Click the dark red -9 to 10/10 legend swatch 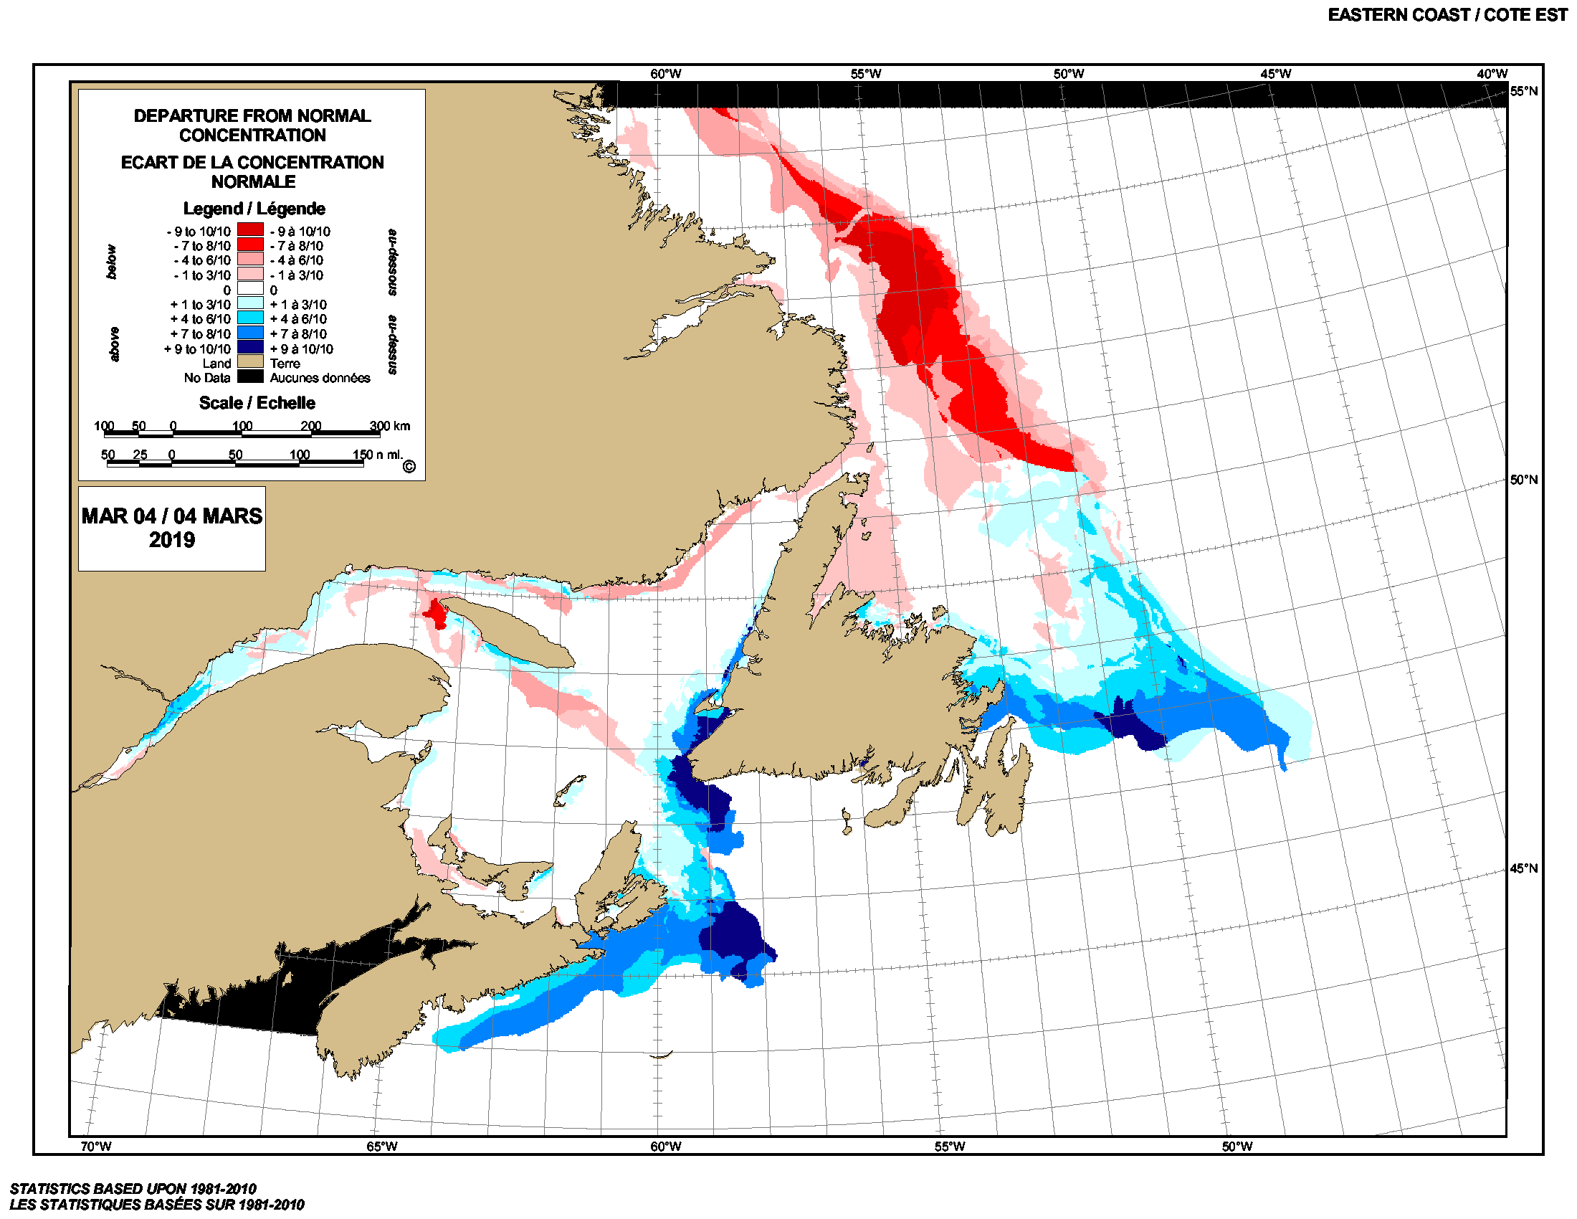[250, 229]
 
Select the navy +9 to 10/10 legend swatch [250, 347]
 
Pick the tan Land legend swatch [250, 362]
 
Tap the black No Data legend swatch [250, 376]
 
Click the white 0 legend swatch [250, 288]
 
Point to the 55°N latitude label [1523, 91]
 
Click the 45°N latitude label [1523, 868]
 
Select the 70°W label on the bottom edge [95, 1146]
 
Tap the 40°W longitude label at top [1492, 74]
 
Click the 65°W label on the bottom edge [381, 1146]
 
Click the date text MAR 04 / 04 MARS [172, 516]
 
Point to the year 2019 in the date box [172, 539]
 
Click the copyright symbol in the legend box [409, 467]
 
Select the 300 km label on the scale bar [389, 425]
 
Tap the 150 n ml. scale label [377, 454]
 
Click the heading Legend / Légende [254, 208]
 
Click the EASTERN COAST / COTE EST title [1447, 15]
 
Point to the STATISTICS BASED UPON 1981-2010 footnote [133, 1188]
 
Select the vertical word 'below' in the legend [111, 262]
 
